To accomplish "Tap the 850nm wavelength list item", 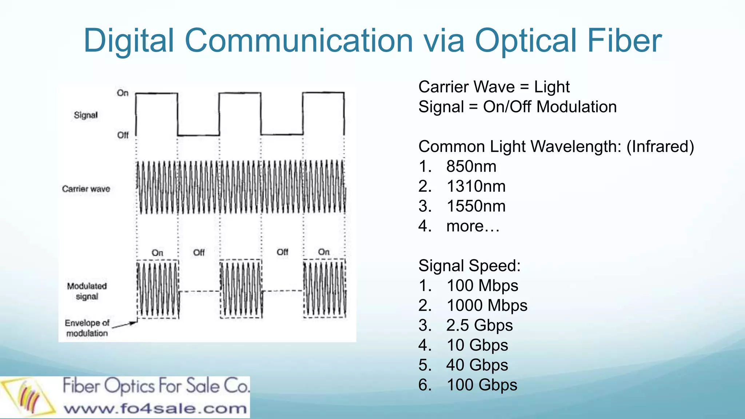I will pos(471,167).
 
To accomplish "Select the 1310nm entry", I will pos(476,187).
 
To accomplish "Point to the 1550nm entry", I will pos(476,206).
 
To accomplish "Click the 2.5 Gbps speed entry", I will pos(479,326).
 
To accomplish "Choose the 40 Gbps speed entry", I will pos(477,365).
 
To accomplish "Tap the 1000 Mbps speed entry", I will pos(487,306).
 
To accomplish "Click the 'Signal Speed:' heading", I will pos(469,266).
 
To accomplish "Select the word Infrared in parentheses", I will pos(660,147).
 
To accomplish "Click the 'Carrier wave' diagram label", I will pos(86,189).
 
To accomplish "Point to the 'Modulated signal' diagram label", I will pos(87,291).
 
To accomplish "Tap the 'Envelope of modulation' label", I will pos(87,328).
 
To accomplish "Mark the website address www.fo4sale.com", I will pos(155,408).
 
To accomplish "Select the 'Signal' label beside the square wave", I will pos(86,115).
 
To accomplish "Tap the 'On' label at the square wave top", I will pos(123,93).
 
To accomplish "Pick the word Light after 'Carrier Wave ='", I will pos(551,87).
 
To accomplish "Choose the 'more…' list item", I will pos(473,226).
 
